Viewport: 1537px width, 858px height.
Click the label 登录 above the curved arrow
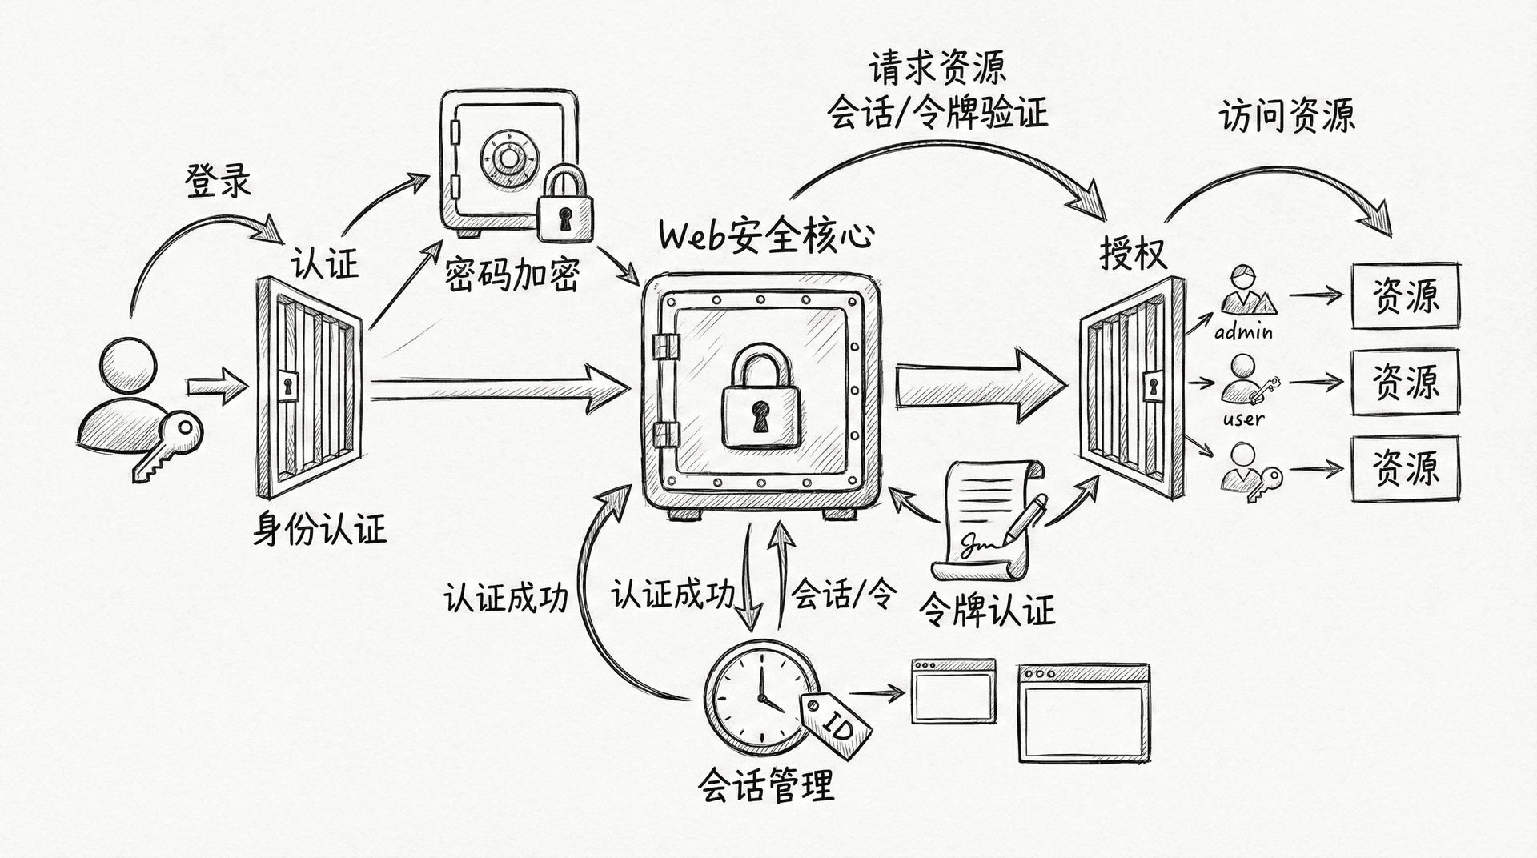(219, 181)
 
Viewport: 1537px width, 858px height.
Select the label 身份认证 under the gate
(319, 529)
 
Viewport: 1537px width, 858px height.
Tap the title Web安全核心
(765, 236)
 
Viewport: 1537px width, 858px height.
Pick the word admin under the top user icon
(1243, 331)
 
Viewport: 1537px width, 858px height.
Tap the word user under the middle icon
(1243, 419)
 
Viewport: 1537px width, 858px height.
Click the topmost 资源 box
(1405, 296)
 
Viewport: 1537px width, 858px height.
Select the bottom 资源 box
(1405, 469)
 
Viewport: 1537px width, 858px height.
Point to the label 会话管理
(766, 785)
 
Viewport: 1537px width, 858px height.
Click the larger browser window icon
(1084, 713)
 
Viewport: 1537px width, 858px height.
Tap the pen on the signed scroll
(1029, 516)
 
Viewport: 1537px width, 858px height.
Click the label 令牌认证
(986, 611)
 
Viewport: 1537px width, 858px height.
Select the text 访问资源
(1286, 116)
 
